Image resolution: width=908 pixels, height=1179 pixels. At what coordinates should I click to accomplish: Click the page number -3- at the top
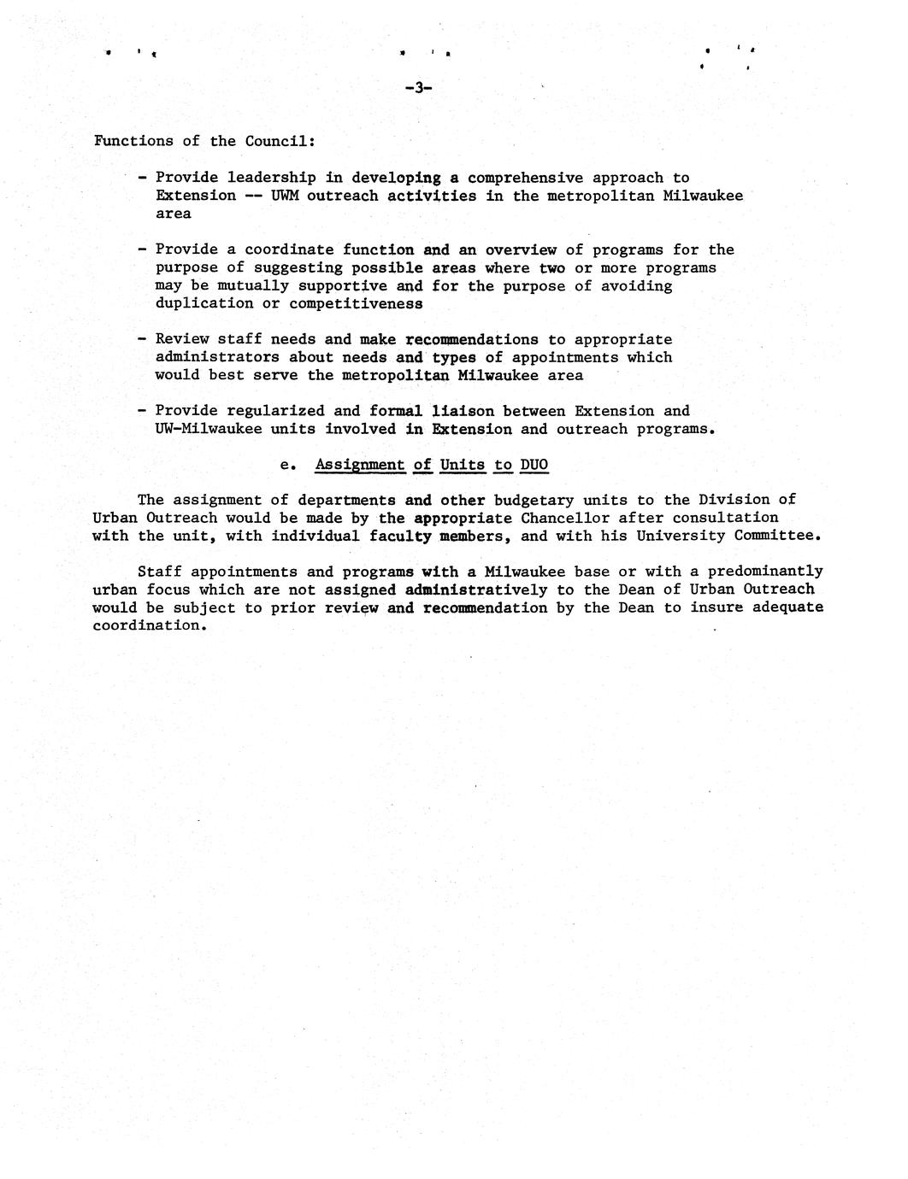(x=418, y=87)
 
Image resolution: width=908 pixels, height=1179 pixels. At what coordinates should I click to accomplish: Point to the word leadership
(x=272, y=178)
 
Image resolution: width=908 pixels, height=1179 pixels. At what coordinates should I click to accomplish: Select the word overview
(x=521, y=249)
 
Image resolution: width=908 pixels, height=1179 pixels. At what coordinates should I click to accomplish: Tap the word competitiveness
(x=356, y=303)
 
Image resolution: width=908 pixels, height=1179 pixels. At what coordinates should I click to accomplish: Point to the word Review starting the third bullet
(x=182, y=339)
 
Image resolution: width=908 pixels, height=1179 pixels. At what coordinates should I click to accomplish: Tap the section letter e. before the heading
(x=288, y=465)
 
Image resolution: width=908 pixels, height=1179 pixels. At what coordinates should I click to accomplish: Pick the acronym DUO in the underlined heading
(x=534, y=465)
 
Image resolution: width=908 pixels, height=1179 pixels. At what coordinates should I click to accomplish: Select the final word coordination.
(x=150, y=625)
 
